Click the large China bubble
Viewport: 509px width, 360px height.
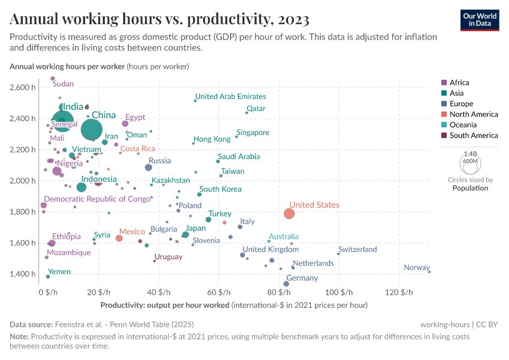point(91,129)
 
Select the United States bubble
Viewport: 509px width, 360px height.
point(289,214)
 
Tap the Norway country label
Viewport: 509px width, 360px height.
point(416,268)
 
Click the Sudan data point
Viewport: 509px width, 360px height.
point(53,79)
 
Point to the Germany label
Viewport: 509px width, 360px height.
point(302,278)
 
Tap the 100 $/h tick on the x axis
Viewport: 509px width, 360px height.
point(338,292)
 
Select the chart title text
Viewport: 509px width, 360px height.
point(159,19)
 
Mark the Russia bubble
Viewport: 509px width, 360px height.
point(149,167)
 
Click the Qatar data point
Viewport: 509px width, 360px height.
point(247,113)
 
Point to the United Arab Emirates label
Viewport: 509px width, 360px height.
point(231,97)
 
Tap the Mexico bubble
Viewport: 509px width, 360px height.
point(119,238)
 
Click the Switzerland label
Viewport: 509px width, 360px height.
point(357,250)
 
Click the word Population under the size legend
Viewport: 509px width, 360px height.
point(470,188)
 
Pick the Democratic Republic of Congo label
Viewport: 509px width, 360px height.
point(98,199)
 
